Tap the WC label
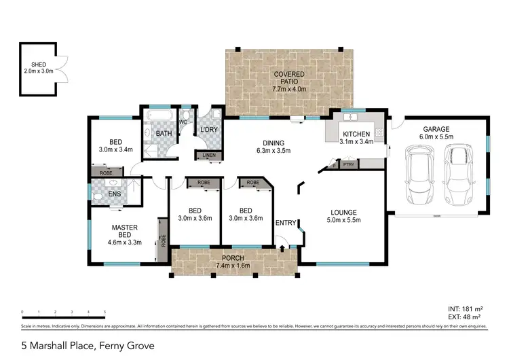tap(183, 122)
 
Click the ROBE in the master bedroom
tap(163, 239)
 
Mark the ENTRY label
tap(286, 223)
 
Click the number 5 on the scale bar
tap(105, 312)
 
